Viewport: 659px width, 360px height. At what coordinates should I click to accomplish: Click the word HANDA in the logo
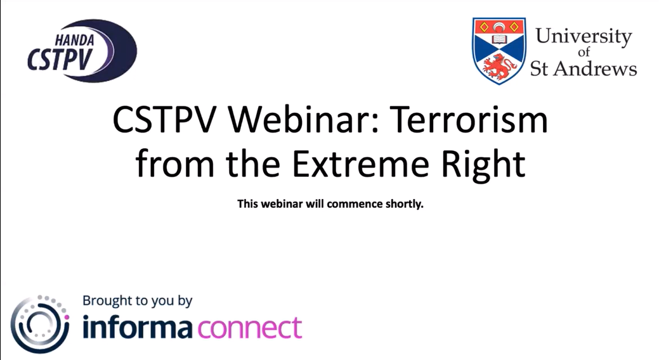(74, 41)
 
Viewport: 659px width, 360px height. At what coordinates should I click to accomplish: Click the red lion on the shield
(499, 67)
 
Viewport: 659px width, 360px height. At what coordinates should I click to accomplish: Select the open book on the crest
(499, 39)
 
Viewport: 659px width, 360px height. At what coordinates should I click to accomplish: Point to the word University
(583, 37)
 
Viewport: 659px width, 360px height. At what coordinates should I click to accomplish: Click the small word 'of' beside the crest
(584, 52)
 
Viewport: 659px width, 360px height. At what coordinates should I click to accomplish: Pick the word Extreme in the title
(361, 164)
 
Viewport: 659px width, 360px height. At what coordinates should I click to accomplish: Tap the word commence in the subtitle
(355, 204)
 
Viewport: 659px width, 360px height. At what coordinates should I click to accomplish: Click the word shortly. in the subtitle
(404, 204)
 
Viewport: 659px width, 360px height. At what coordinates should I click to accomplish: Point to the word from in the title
(174, 164)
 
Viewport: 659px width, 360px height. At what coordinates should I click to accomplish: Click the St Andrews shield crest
(499, 51)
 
